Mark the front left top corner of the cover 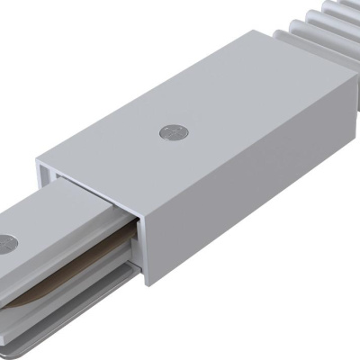pos(38,162)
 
